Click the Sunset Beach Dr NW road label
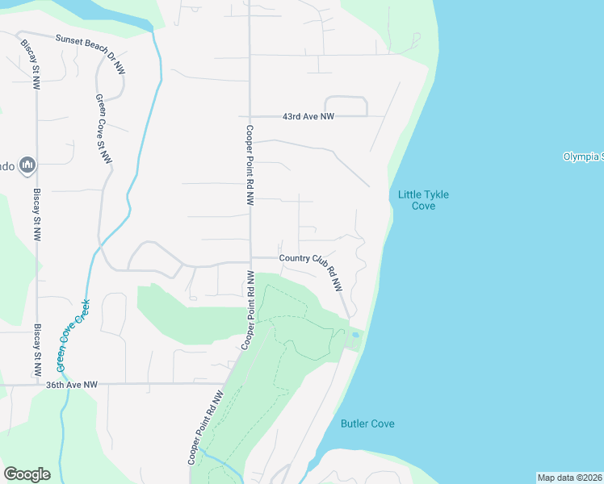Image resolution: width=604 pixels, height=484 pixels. pos(90,48)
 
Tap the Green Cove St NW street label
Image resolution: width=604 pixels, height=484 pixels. pos(103,131)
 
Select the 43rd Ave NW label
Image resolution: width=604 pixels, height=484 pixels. pos(308,117)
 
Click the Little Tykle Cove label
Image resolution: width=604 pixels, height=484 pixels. pos(423,200)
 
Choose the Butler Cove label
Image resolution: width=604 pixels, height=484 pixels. pos(367,423)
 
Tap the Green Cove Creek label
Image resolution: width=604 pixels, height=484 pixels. pos(73,332)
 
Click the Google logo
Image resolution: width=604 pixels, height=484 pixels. pos(27,474)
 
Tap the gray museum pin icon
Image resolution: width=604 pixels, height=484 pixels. pos(27,165)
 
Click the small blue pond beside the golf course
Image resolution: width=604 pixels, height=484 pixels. pos(355,334)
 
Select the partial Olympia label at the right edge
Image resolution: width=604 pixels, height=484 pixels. pos(582,156)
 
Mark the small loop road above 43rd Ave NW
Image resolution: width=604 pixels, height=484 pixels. pos(346,106)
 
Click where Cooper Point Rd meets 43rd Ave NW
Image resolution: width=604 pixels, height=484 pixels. pos(250,117)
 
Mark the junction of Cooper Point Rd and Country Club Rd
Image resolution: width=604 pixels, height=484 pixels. pos(250,259)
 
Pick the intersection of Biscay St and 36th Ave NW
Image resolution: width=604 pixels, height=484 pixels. pos(37,385)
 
